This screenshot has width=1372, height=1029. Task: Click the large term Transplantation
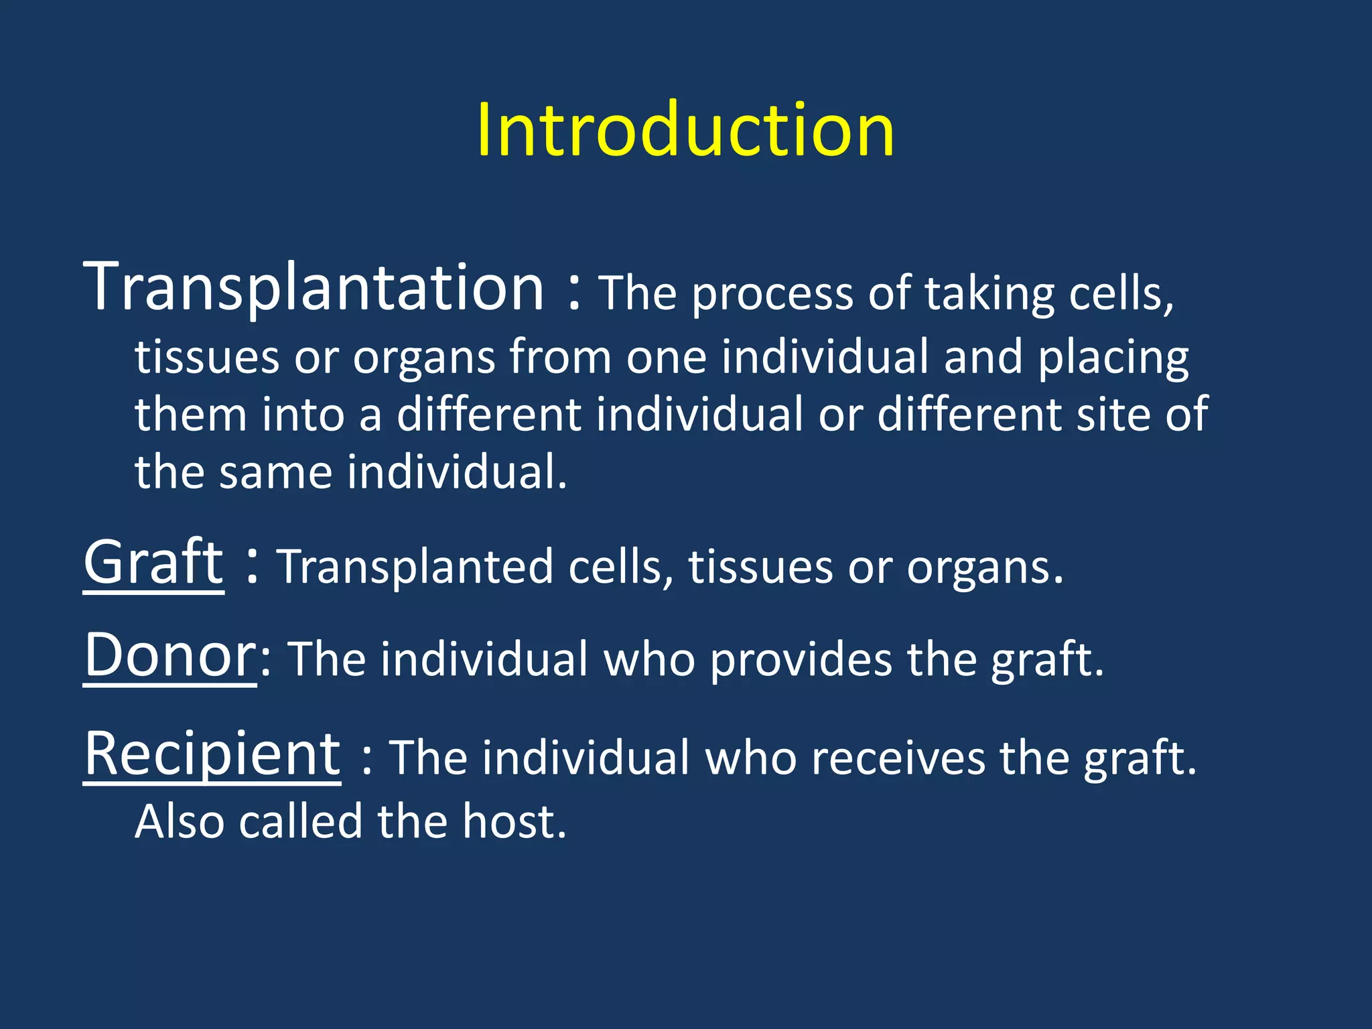click(x=314, y=288)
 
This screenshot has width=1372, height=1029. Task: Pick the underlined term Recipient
click(x=212, y=754)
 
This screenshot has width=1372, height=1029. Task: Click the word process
click(x=772, y=295)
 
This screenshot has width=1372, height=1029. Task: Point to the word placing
click(x=1113, y=358)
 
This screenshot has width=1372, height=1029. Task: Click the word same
click(x=275, y=472)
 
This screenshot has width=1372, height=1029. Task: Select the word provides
click(x=801, y=661)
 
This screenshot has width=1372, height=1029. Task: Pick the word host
click(x=514, y=822)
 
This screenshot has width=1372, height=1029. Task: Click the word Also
click(x=180, y=822)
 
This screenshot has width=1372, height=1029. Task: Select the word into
click(x=303, y=415)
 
